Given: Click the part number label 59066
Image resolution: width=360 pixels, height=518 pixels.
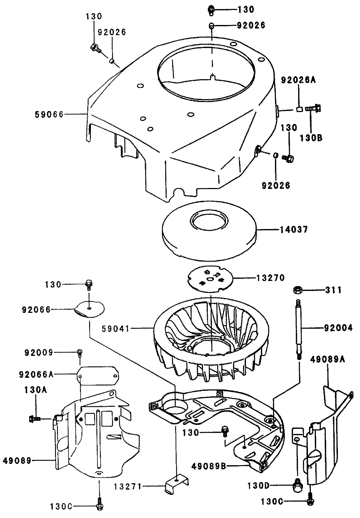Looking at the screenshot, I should click(49, 115).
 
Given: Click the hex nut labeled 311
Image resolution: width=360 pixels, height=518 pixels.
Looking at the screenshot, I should click(296, 290).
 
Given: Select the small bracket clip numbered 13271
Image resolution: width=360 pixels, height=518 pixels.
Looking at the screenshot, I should click(176, 486).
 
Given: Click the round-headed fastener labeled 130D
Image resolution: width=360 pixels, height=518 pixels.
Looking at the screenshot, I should click(297, 485).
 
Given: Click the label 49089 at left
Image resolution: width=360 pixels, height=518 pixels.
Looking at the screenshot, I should click(17, 461).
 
